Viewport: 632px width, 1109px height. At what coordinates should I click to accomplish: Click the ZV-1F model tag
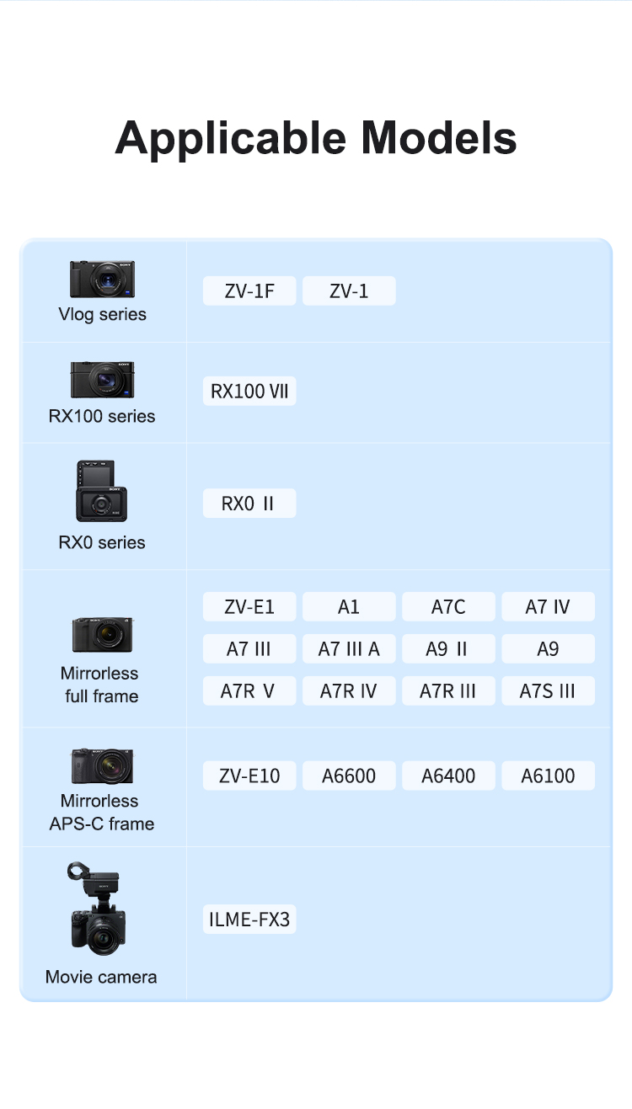point(249,291)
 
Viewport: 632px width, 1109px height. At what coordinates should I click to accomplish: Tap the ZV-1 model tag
point(349,291)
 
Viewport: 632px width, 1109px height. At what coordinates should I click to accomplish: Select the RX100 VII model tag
point(249,391)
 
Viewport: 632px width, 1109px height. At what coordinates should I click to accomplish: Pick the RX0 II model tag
point(249,504)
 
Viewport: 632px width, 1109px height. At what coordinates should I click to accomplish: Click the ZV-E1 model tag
point(249,606)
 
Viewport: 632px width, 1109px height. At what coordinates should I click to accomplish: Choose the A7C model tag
point(448,606)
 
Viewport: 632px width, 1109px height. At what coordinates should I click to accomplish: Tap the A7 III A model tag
point(349,648)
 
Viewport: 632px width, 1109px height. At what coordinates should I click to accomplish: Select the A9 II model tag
point(448,648)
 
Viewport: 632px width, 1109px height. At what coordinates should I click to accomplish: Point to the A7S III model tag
point(548,690)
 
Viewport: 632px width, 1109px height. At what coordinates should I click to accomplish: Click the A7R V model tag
point(249,690)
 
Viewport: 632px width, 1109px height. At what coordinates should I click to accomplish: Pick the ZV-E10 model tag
point(249,776)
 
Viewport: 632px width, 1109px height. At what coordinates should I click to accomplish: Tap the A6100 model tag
point(548,776)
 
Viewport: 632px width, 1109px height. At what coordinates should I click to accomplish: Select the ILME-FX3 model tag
point(249,920)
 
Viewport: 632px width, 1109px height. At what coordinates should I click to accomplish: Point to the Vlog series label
point(102,314)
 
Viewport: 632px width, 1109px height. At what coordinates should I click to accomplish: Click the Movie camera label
point(101,977)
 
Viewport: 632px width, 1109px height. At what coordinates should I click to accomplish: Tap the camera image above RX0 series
point(101,491)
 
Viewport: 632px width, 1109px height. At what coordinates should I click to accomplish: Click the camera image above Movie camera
point(97,909)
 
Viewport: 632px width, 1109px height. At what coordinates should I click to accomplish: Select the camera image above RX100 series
point(102,380)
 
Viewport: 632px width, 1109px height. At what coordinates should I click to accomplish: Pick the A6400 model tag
point(448,776)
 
